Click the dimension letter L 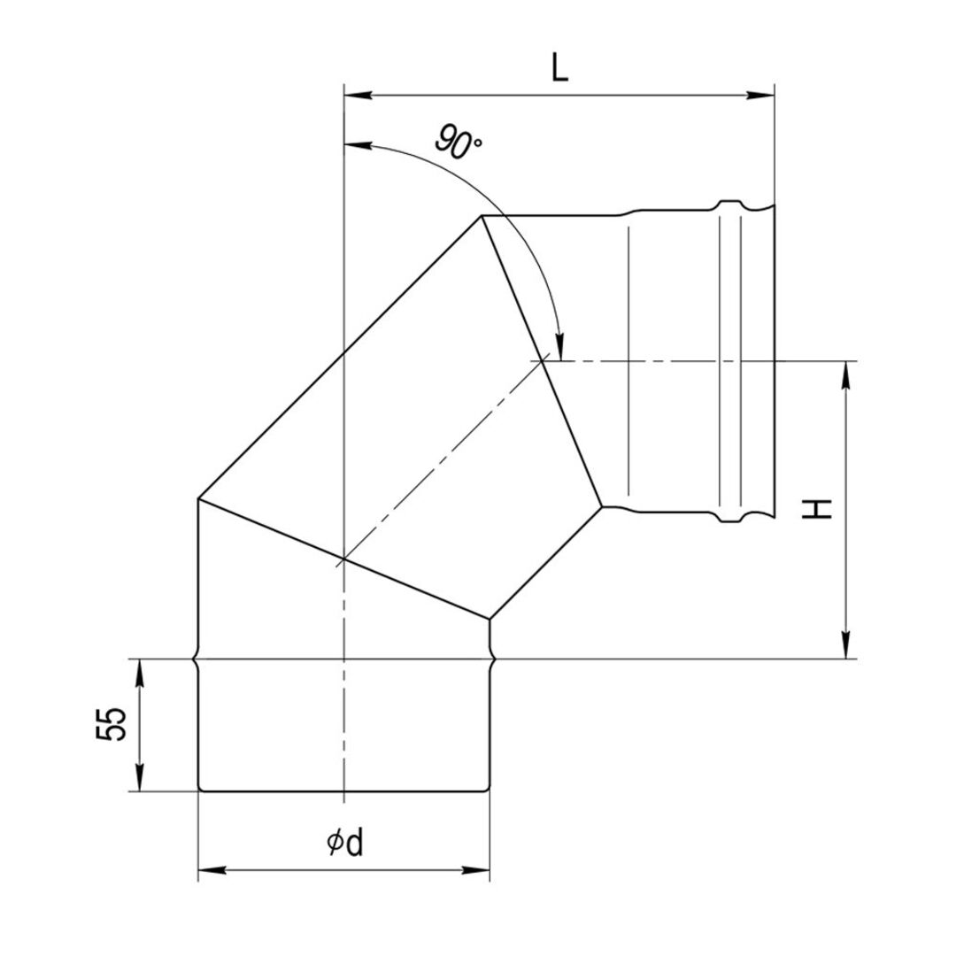coord(559,68)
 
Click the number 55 coord(111,724)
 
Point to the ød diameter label coord(345,844)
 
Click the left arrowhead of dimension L coord(358,95)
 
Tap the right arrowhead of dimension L coord(760,95)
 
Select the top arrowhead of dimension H coord(845,375)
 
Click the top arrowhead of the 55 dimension coord(140,673)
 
